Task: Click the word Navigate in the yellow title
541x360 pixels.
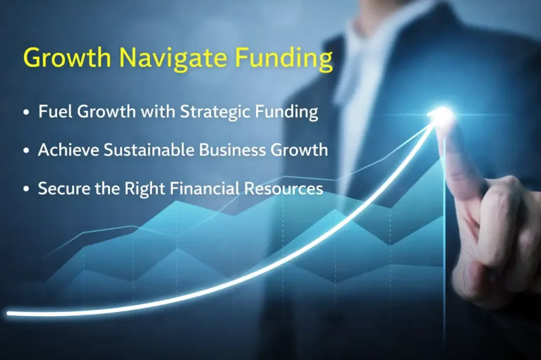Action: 173,58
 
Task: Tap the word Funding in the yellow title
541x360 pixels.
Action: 284,58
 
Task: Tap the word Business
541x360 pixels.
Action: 232,150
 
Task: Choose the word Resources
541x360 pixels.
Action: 284,188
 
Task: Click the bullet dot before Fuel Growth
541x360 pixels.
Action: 26,112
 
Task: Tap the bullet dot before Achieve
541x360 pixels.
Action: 26,151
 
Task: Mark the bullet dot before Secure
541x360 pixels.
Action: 26,190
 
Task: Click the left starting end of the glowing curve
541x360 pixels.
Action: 8,314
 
